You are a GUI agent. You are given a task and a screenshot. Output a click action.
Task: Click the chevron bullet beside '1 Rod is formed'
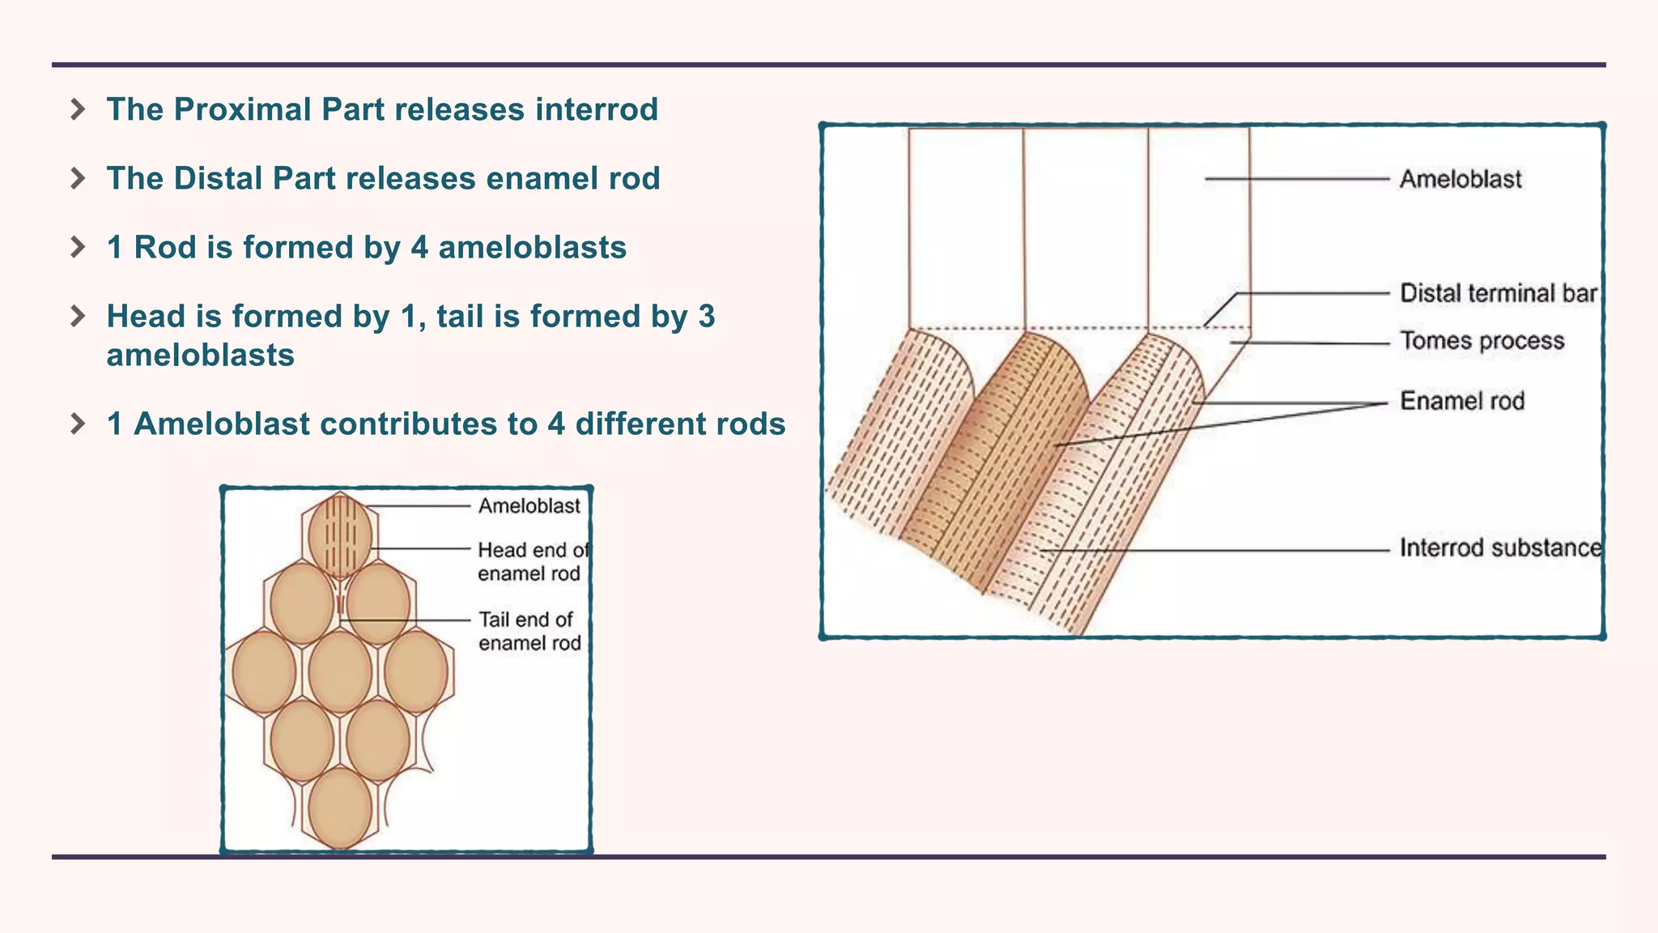pos(78,247)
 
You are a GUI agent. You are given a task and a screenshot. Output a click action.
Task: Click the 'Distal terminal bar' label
pos(1498,293)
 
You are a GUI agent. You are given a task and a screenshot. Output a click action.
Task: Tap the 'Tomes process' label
pos(1482,341)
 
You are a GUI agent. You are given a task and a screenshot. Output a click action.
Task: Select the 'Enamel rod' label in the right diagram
pos(1462,401)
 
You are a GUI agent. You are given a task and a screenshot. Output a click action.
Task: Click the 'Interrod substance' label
pos(1500,548)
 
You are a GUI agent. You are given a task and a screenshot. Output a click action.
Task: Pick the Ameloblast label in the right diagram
pos(1460,179)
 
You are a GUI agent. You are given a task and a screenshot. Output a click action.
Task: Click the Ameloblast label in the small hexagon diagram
pos(529,506)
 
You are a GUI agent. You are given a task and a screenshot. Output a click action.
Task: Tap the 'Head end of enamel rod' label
pos(531,562)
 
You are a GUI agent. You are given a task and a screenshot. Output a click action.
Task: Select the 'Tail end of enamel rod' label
pos(529,631)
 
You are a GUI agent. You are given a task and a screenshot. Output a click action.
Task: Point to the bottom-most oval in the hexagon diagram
pos(340,808)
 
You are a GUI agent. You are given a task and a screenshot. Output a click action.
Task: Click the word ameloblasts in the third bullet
pos(532,248)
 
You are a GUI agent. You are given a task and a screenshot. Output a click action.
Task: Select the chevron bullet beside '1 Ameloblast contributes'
pos(78,424)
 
